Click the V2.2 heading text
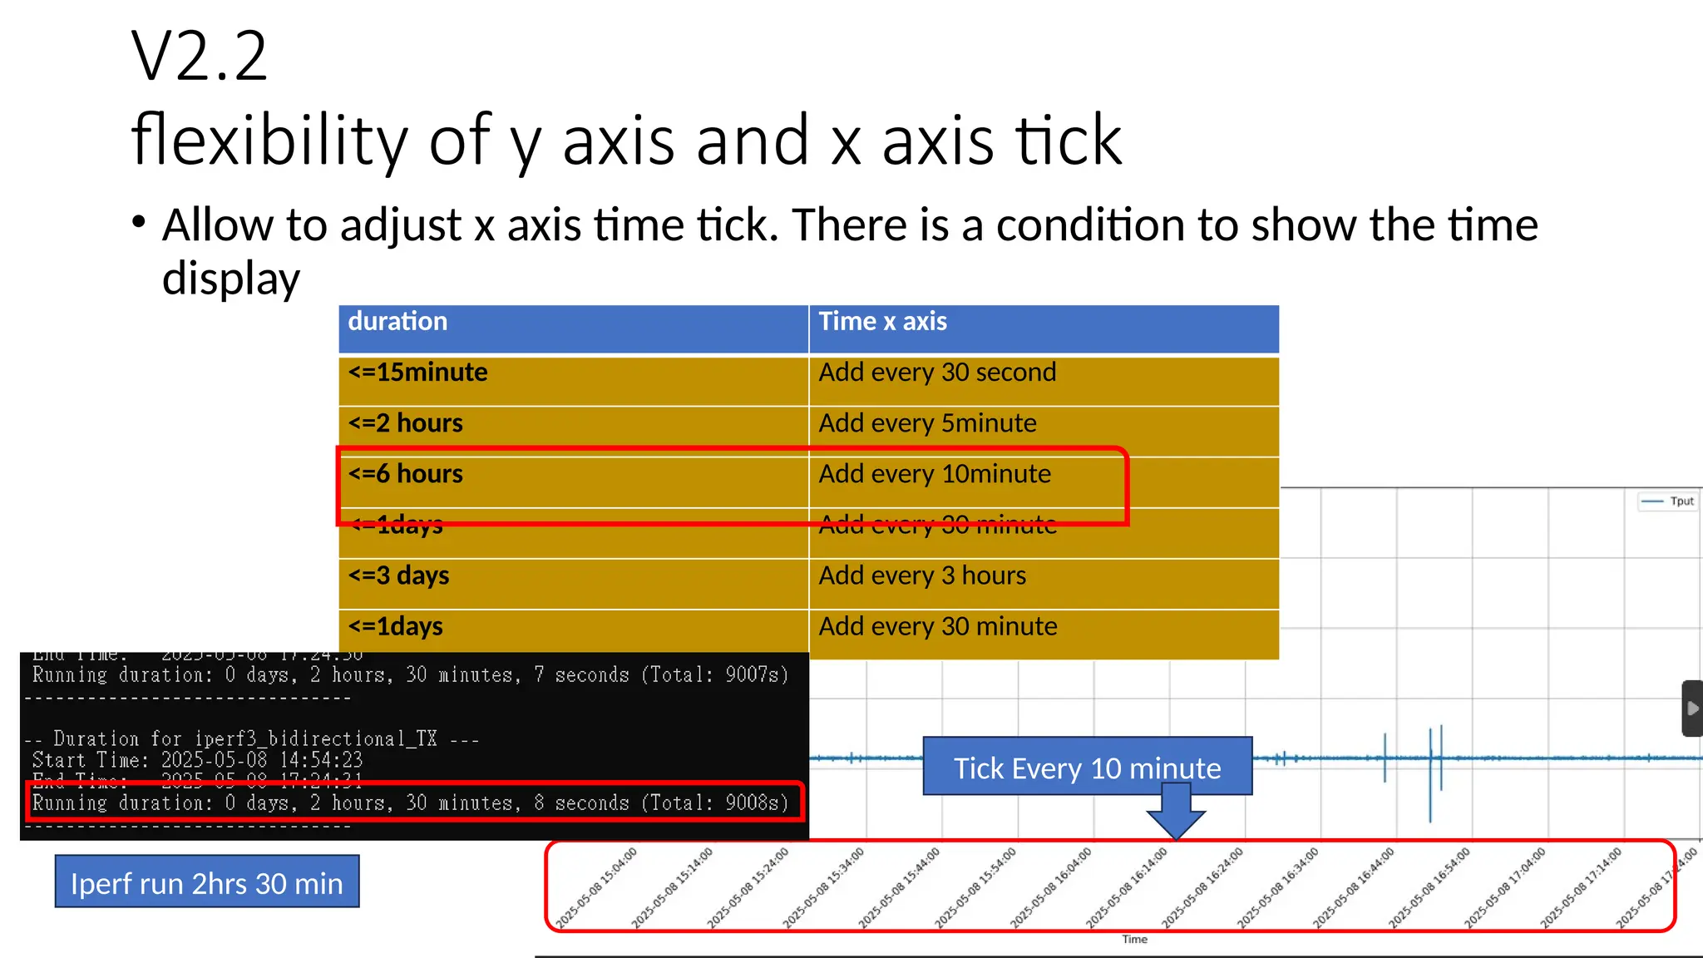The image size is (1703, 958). [x=200, y=57]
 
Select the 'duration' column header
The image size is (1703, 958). [x=397, y=323]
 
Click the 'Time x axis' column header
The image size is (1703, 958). [x=882, y=323]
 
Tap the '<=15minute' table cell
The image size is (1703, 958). [x=417, y=373]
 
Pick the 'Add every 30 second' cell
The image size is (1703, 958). [x=937, y=373]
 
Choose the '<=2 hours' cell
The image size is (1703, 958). [x=406, y=423]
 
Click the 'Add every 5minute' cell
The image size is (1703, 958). [x=927, y=423]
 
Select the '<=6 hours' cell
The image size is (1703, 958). [x=406, y=474]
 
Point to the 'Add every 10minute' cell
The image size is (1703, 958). [x=935, y=474]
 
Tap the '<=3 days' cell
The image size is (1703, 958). [x=399, y=575]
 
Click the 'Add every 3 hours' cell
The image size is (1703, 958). [x=922, y=575]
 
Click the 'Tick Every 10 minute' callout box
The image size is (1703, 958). [x=1087, y=767]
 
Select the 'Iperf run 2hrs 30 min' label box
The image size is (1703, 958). [x=207, y=881]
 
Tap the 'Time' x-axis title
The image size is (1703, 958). [x=1134, y=940]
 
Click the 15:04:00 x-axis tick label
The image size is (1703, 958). [x=597, y=887]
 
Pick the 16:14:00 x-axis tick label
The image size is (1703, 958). [x=1127, y=887]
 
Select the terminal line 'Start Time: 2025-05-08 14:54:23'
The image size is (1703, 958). [x=198, y=760]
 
